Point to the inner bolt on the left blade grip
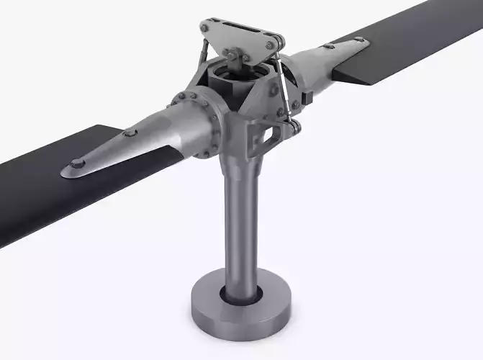tap(130, 133)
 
